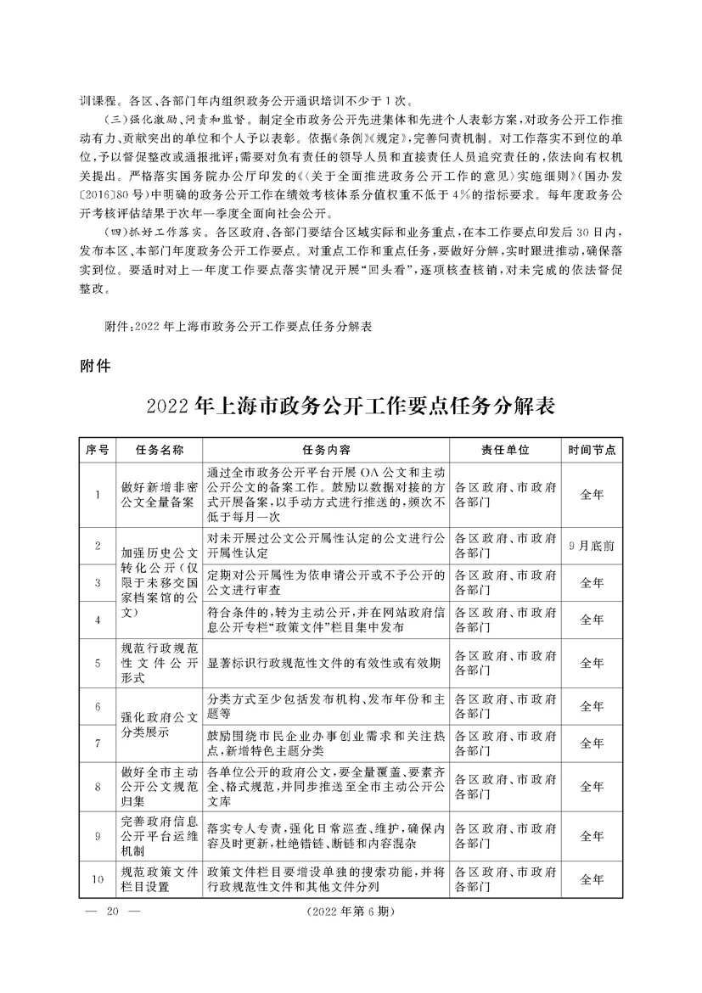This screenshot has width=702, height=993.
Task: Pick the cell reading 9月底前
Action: [x=592, y=546]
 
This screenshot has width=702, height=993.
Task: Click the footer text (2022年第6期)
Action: [x=347, y=912]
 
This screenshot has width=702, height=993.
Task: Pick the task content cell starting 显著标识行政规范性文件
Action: [x=323, y=663]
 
